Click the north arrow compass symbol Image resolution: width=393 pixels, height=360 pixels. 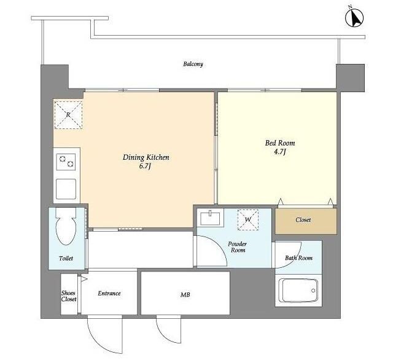click(x=354, y=18)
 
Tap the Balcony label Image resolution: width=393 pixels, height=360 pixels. click(x=193, y=64)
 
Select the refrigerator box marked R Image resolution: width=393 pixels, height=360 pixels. click(x=68, y=115)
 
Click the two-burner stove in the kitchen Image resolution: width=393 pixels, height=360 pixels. click(x=66, y=162)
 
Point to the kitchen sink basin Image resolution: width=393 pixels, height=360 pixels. click(x=66, y=189)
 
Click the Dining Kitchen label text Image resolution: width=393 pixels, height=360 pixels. click(x=146, y=157)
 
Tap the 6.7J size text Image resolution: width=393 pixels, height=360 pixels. click(x=145, y=166)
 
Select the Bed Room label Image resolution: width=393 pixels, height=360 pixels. click(x=280, y=143)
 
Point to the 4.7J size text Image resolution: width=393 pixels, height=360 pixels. click(x=280, y=152)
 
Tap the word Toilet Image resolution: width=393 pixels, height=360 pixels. click(x=66, y=258)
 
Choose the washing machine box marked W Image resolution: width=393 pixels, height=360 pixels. click(x=248, y=219)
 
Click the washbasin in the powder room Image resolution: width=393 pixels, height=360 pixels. click(x=210, y=217)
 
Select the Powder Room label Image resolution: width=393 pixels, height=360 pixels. click(x=238, y=247)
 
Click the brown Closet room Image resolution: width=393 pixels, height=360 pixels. click(x=306, y=221)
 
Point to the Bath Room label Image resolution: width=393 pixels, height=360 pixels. click(x=298, y=258)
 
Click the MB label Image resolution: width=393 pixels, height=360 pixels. click(x=185, y=294)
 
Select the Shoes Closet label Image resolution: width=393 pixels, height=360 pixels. click(x=69, y=296)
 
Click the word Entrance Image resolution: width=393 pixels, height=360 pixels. click(x=109, y=293)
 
